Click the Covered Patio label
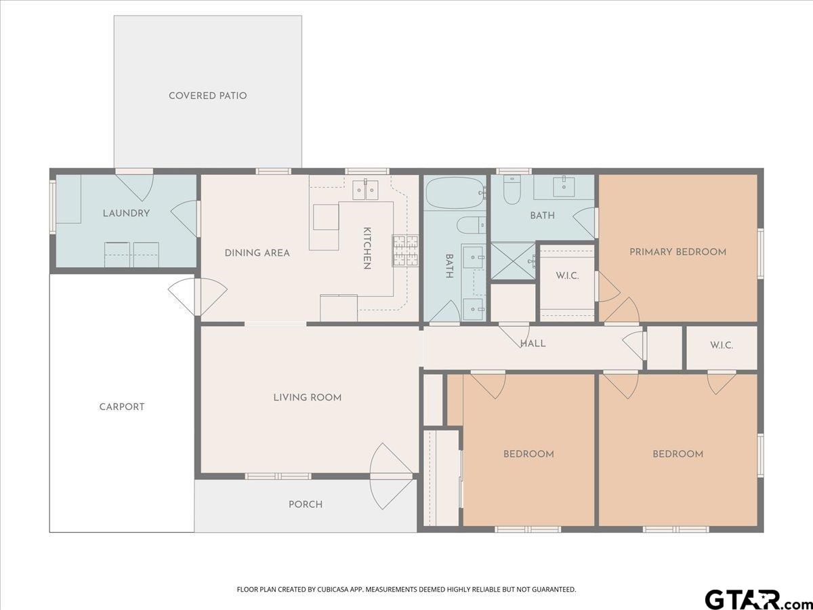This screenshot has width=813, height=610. pos(207,96)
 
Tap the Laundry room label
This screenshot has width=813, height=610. pos(126,213)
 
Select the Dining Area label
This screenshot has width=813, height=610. pos(257,253)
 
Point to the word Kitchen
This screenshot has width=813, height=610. pos(367,248)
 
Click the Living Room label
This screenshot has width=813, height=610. pos(308,398)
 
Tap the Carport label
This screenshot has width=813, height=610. pos(122,407)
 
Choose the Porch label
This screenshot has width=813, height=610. pos(306,504)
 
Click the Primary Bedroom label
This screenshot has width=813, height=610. pos(677,252)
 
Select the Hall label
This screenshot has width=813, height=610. pos(533,344)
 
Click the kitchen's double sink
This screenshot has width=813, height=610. pos(365,190)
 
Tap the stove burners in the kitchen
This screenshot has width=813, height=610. pos(406,251)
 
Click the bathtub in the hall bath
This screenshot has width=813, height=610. pos(455,192)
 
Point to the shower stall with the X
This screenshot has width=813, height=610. pos(513,262)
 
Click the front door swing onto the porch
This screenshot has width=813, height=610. pos(392,476)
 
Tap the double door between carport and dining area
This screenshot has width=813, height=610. pos(197,297)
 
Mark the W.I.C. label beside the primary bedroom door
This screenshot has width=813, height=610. pos(567,276)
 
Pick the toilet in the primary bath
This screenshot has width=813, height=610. pos(512,190)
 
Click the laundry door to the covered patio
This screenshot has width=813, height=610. pos(134,185)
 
